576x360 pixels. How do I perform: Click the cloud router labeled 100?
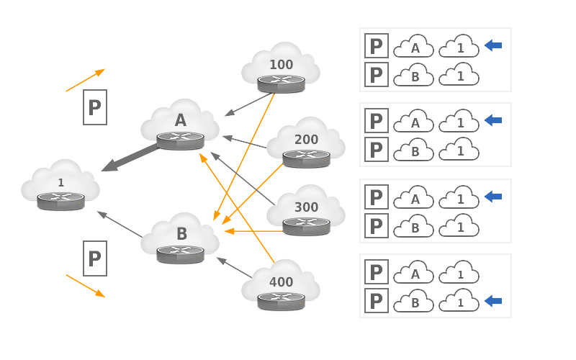[281, 69]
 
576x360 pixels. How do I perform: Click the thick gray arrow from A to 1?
[128, 158]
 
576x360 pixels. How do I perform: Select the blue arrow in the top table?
[493, 46]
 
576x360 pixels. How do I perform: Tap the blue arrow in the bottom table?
[493, 300]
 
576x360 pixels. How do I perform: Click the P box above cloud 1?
[95, 107]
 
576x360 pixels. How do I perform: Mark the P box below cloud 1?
[95, 258]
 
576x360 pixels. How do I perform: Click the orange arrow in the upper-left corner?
[86, 80]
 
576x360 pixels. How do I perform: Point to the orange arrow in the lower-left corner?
[86, 285]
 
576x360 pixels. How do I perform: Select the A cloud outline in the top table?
[414, 46]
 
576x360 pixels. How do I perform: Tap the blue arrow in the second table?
[493, 121]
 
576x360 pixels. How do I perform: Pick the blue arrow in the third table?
[493, 197]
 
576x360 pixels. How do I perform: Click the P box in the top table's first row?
[377, 45]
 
